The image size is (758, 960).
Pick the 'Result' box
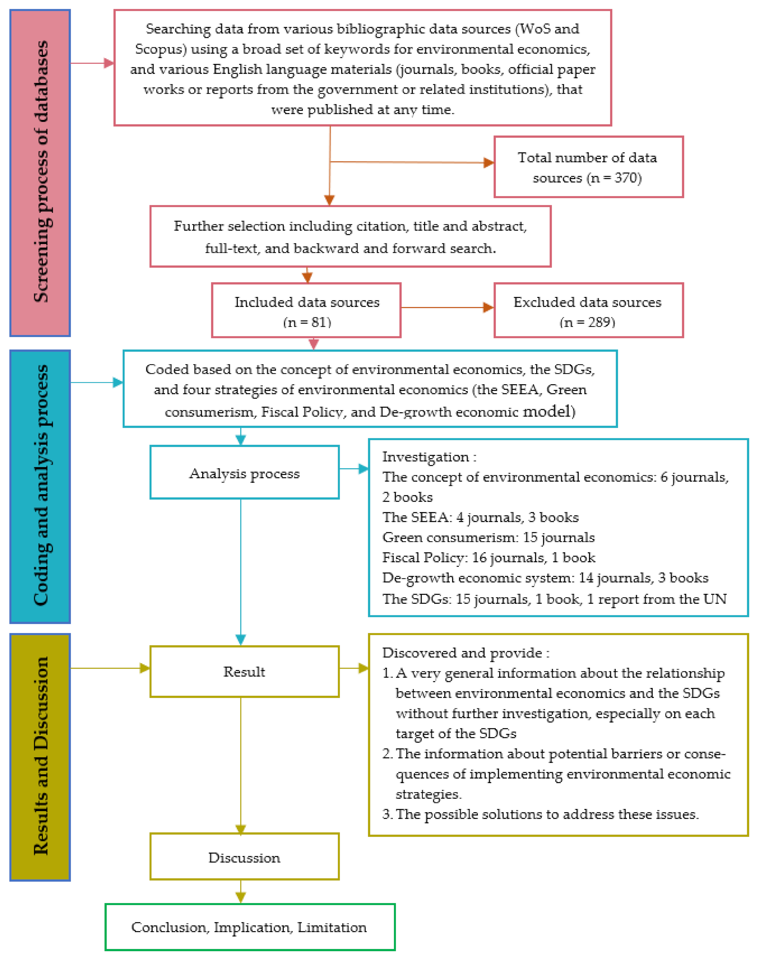[x=245, y=672]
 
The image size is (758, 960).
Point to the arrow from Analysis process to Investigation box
[x=354, y=468]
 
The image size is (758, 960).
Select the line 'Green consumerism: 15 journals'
[x=488, y=537]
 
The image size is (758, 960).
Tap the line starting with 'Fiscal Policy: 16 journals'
[x=488, y=558]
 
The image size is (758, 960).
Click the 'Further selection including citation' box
[x=350, y=236]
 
